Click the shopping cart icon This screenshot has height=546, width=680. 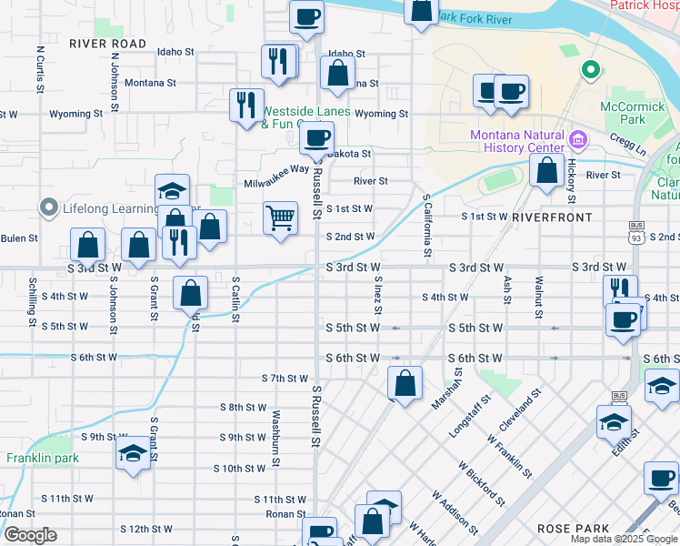[281, 218]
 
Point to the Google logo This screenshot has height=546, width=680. [30, 535]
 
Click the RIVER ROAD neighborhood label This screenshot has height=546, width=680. [107, 44]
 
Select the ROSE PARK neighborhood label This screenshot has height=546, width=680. [572, 529]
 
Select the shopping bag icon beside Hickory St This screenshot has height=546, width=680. [546, 169]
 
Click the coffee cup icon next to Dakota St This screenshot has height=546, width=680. [316, 137]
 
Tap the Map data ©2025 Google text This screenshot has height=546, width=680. [624, 539]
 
